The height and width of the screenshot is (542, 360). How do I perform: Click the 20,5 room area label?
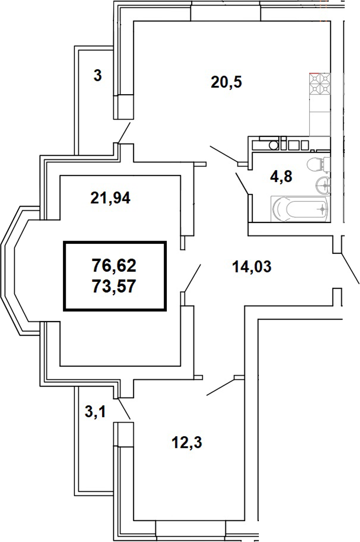(226, 81)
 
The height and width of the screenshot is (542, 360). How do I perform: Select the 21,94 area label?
(110, 198)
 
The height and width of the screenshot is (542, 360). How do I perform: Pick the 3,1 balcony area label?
(95, 412)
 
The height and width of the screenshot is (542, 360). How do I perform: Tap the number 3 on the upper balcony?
(97, 76)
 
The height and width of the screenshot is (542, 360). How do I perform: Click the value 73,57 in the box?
(115, 287)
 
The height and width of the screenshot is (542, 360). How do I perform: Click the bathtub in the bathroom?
(299, 209)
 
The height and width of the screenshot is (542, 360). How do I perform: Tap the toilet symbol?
(317, 164)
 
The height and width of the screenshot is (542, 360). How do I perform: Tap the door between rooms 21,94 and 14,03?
(192, 278)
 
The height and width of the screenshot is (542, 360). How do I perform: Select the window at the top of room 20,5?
(226, 11)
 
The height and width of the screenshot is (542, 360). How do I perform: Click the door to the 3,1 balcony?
(124, 409)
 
